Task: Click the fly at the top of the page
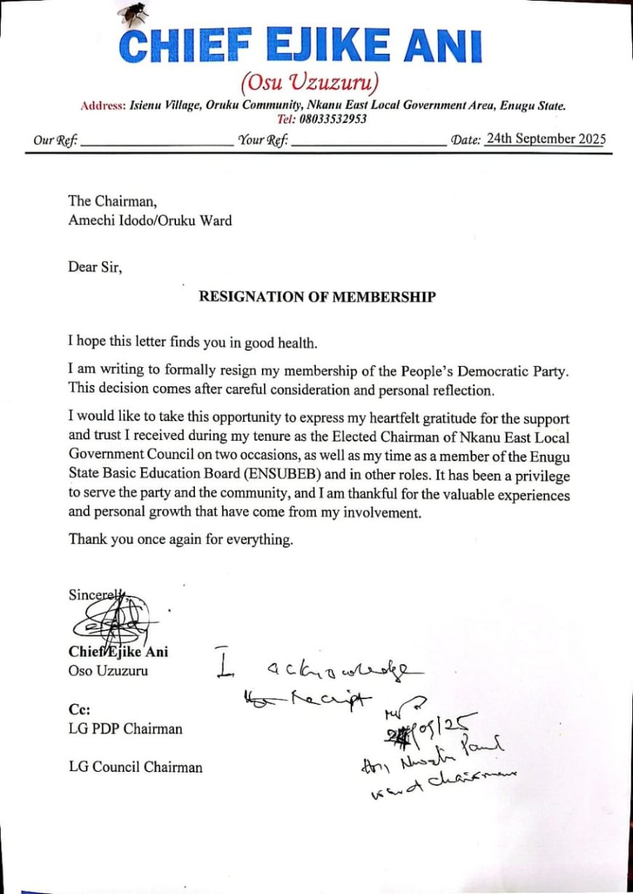click(x=133, y=12)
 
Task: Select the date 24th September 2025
click(x=546, y=139)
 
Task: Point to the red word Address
click(x=103, y=106)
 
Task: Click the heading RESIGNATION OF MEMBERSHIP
click(x=318, y=297)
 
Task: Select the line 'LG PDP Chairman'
click(x=125, y=728)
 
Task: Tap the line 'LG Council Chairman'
click(x=135, y=767)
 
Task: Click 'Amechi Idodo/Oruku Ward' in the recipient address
click(x=150, y=220)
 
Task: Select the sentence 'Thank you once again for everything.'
click(x=181, y=539)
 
